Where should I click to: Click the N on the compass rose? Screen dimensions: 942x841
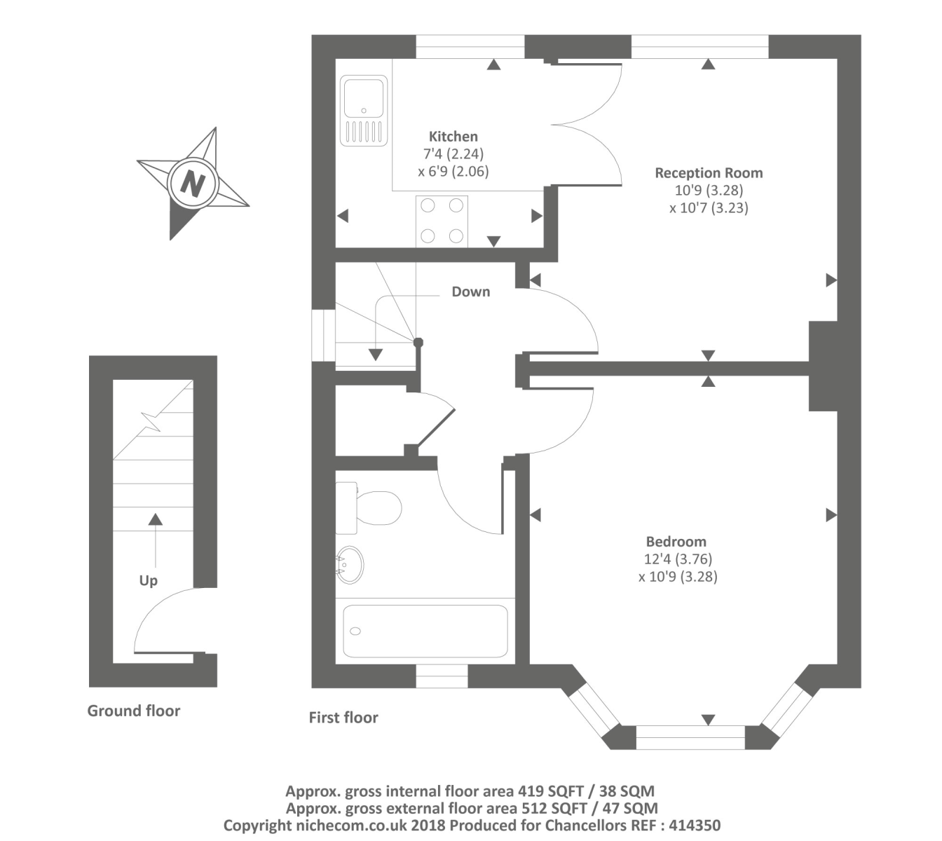click(192, 183)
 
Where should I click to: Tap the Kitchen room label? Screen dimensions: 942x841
click(453, 137)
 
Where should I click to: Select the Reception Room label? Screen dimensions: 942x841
click(708, 173)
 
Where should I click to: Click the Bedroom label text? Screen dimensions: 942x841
click(676, 542)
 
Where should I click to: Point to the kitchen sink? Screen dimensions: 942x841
click(364, 110)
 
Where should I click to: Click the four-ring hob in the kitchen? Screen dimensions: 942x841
click(442, 221)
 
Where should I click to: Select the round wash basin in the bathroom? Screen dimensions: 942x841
click(350, 565)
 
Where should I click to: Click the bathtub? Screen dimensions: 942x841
click(425, 631)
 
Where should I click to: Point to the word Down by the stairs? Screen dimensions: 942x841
click(470, 292)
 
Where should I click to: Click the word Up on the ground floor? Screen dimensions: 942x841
click(148, 580)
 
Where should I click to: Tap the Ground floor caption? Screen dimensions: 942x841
click(133, 711)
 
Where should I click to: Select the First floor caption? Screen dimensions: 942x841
click(343, 718)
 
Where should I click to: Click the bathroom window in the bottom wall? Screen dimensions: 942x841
click(442, 676)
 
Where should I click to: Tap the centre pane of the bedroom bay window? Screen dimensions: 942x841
click(690, 737)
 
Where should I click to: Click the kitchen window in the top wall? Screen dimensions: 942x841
click(470, 47)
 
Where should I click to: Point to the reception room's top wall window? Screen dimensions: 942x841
click(699, 47)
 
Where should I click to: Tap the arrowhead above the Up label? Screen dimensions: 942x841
click(156, 519)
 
